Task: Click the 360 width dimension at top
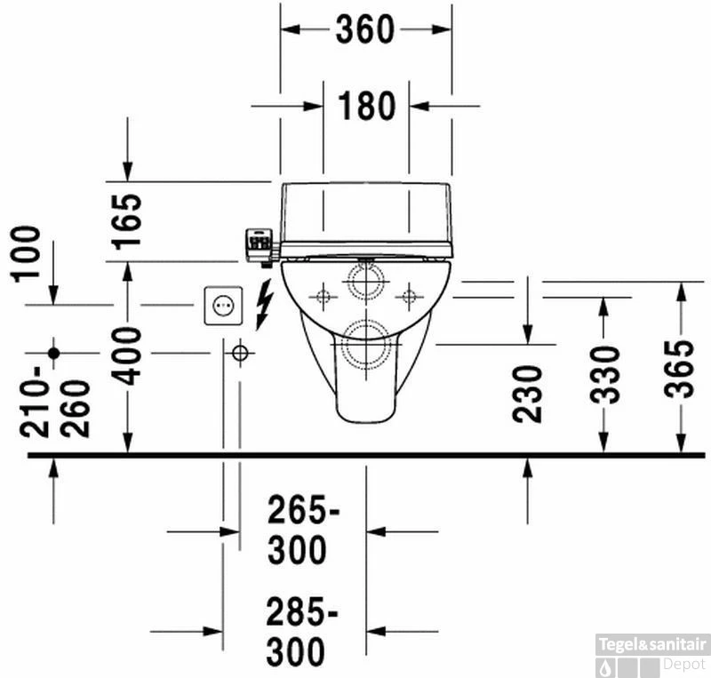365,30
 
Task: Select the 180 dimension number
367,107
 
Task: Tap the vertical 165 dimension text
127,222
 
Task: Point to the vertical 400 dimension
127,356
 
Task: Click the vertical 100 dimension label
26,254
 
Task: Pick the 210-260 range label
55,402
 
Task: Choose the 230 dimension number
527,395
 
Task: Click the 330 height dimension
605,375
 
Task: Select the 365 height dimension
680,369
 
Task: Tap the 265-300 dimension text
302,530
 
